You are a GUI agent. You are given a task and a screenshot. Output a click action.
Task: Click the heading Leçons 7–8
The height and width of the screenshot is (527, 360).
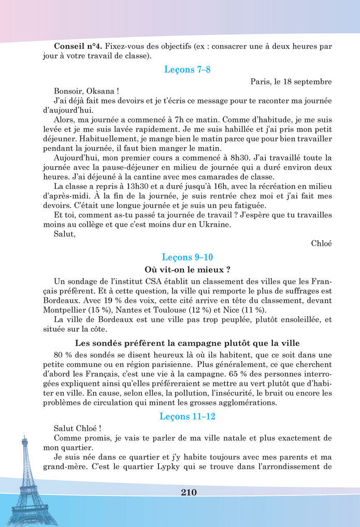click(187, 69)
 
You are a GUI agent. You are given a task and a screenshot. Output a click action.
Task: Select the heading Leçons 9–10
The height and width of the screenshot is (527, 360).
click(187, 257)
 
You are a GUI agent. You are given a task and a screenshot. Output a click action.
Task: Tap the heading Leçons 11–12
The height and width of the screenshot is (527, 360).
click(187, 416)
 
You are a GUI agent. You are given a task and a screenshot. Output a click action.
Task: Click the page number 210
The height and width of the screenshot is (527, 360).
click(189, 492)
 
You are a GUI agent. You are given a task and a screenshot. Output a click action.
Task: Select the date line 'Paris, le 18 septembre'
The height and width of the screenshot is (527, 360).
click(291, 82)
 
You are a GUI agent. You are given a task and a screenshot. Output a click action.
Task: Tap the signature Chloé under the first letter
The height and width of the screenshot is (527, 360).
click(321, 243)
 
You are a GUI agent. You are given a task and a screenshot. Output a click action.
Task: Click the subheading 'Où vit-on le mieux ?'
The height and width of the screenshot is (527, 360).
click(187, 270)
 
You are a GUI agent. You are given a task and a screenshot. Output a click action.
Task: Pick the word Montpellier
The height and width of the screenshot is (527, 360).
click(65, 310)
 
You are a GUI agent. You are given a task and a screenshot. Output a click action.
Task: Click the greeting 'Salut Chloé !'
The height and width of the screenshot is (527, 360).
click(78, 429)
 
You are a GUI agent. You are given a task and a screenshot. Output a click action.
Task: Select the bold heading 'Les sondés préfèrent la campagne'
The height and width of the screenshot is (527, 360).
click(187, 343)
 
